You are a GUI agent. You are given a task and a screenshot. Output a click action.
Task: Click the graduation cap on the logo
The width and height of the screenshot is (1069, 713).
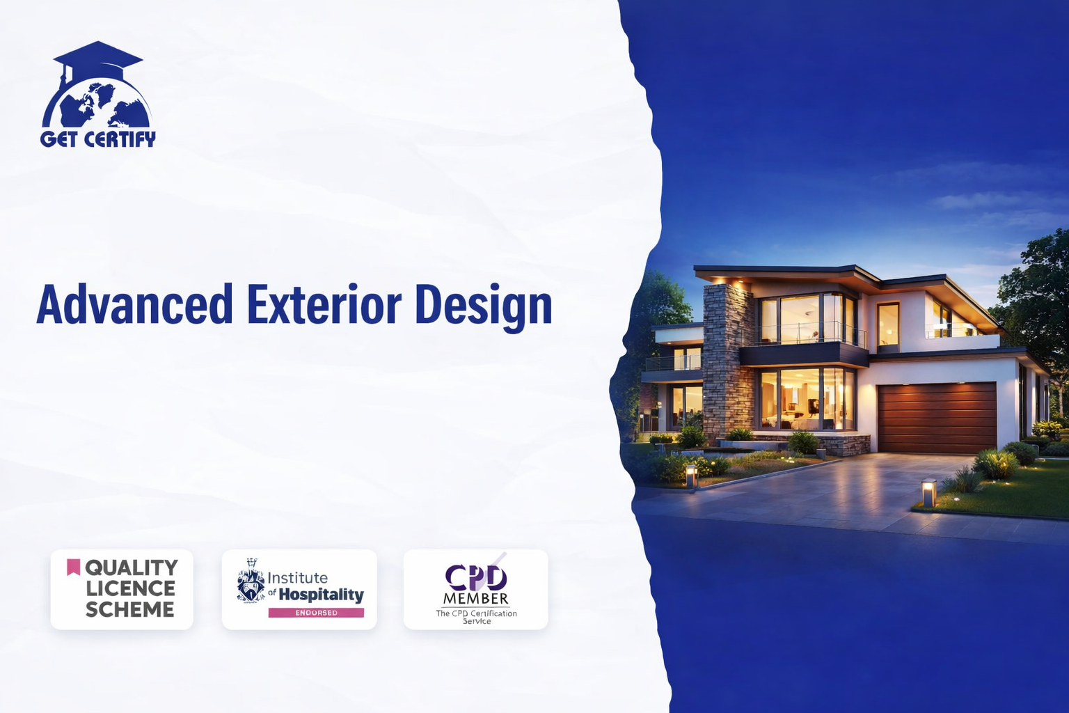(x=98, y=56)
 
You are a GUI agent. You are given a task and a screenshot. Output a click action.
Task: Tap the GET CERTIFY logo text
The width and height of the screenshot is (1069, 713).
(x=98, y=139)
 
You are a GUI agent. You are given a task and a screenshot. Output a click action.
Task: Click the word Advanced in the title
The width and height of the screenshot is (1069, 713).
(x=134, y=304)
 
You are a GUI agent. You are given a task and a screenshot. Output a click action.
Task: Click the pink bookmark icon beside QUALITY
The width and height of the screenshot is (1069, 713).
(x=73, y=567)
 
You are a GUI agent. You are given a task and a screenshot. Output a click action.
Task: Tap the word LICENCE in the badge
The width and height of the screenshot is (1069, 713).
(x=130, y=588)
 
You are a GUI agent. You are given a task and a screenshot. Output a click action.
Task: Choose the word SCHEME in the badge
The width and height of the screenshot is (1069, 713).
(x=130, y=609)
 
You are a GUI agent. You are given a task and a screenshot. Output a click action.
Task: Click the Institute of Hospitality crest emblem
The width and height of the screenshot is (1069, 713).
(x=251, y=581)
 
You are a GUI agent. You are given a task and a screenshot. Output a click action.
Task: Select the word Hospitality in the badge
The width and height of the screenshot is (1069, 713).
(x=321, y=595)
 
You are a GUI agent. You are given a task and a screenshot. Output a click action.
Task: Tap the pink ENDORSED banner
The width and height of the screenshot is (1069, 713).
(x=316, y=613)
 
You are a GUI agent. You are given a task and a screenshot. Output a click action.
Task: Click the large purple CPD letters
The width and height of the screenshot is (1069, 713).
(x=476, y=577)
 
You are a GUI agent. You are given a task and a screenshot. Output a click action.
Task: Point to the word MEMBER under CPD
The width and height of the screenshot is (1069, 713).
(x=476, y=598)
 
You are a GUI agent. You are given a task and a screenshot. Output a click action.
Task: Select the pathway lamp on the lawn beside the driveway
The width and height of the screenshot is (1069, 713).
(x=928, y=492)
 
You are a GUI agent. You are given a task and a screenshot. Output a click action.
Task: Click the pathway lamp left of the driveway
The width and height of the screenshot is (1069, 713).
(x=692, y=476)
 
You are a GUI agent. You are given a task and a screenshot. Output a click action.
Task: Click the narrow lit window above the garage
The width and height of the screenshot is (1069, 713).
(x=888, y=324)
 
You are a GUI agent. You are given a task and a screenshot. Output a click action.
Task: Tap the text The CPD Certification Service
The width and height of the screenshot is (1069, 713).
(x=476, y=617)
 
